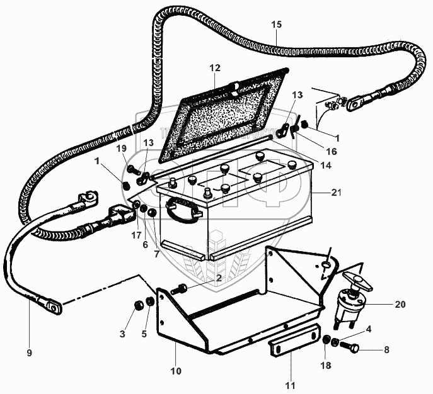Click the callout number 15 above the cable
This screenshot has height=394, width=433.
click(x=277, y=24)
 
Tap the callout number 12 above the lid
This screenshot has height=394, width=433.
click(x=215, y=67)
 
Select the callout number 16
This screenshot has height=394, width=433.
click(x=332, y=152)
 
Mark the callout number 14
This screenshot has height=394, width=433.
click(x=325, y=166)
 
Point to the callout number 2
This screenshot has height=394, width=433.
click(x=219, y=277)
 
